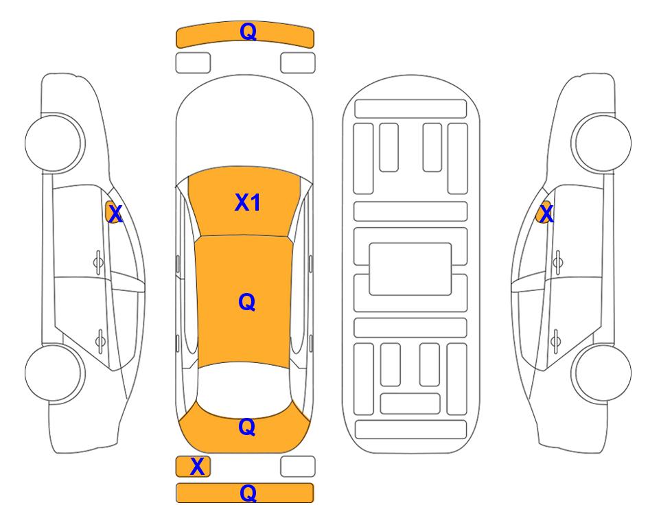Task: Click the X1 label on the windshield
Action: [x=248, y=202]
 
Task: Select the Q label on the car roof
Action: [x=247, y=302]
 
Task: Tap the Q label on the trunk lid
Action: [x=247, y=427]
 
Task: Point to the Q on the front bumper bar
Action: [x=248, y=31]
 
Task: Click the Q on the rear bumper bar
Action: [x=248, y=493]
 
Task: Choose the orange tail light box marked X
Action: [x=193, y=467]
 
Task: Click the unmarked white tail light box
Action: [x=298, y=467]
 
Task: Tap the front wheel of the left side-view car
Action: [x=55, y=143]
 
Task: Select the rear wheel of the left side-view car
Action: [x=55, y=373]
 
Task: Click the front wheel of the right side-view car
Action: [x=601, y=143]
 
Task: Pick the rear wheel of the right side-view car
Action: [x=601, y=373]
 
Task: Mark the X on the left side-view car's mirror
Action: [x=115, y=214]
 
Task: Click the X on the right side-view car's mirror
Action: [x=546, y=214]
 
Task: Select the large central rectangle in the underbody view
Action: [x=410, y=269]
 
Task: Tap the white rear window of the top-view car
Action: [x=244, y=390]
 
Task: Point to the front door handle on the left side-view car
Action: [x=98, y=262]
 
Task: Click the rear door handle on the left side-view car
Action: [x=100, y=340]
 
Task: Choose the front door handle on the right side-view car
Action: [x=558, y=262]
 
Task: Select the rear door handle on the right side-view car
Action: [x=555, y=340]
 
